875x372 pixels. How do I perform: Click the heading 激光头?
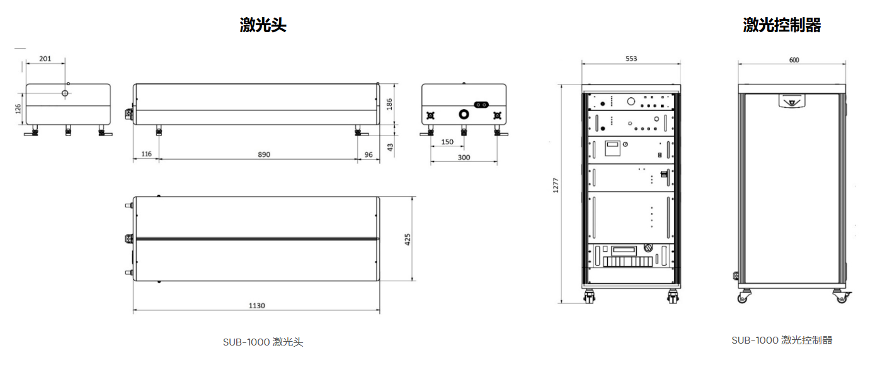point(263,25)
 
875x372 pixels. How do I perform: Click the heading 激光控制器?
point(782,25)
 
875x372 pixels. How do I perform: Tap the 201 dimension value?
point(45,59)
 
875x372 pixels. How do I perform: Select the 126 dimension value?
point(18,108)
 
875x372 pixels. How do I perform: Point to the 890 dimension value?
point(264,154)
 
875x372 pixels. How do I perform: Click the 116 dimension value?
point(146,154)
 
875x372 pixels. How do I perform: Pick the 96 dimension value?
point(369,155)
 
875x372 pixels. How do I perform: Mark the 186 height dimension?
point(389,104)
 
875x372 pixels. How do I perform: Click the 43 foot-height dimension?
point(389,148)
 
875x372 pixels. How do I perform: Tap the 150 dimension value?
point(447,142)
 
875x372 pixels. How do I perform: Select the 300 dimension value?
point(464,158)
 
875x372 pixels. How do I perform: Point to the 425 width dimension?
point(408,240)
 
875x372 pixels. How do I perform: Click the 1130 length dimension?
point(256,306)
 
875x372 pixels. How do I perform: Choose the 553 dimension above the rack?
point(631,59)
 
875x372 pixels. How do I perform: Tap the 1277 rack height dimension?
point(556,185)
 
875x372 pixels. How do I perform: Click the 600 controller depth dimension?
point(794,60)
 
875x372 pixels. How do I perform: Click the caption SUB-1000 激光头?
point(263,342)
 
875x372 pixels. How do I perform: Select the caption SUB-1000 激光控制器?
point(782,340)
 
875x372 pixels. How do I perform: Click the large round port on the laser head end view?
point(464,114)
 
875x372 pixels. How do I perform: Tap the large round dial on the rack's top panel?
point(631,102)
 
